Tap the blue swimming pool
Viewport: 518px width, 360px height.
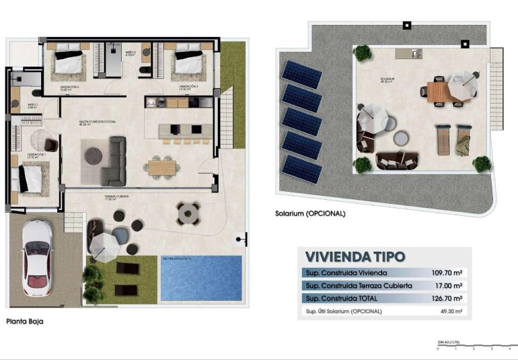coord(201,277)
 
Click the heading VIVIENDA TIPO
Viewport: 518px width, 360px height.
coord(355,257)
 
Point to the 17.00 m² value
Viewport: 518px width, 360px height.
coord(449,285)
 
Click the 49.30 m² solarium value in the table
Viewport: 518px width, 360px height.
coord(449,311)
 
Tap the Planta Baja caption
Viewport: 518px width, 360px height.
coord(25,322)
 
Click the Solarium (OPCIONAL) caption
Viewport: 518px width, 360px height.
coord(310,213)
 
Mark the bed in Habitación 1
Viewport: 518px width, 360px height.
coord(29,178)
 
